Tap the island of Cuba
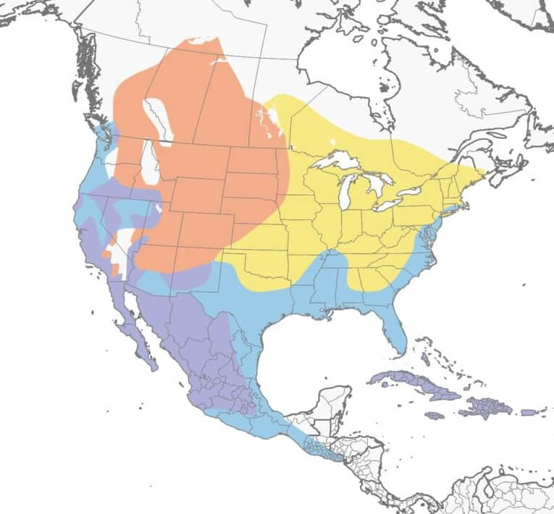coord(413,383)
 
